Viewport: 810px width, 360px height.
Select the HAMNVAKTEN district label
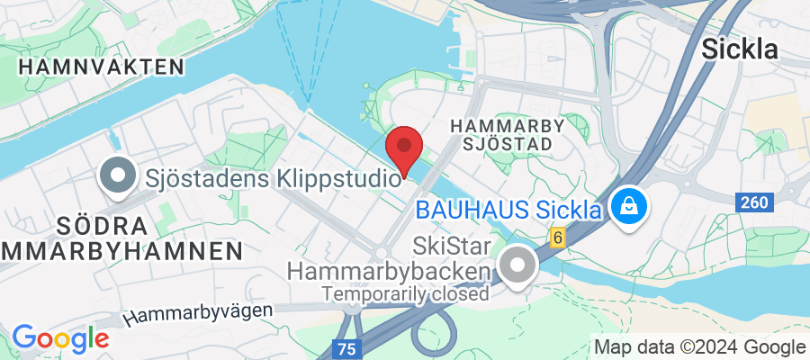point(101,66)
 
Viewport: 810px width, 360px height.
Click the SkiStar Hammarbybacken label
point(389,258)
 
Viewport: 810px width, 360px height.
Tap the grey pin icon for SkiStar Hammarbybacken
point(517,266)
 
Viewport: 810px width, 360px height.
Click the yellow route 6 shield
point(558,238)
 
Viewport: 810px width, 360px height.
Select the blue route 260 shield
point(754,202)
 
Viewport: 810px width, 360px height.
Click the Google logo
point(60,338)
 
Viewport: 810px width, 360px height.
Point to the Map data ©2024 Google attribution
point(699,347)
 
